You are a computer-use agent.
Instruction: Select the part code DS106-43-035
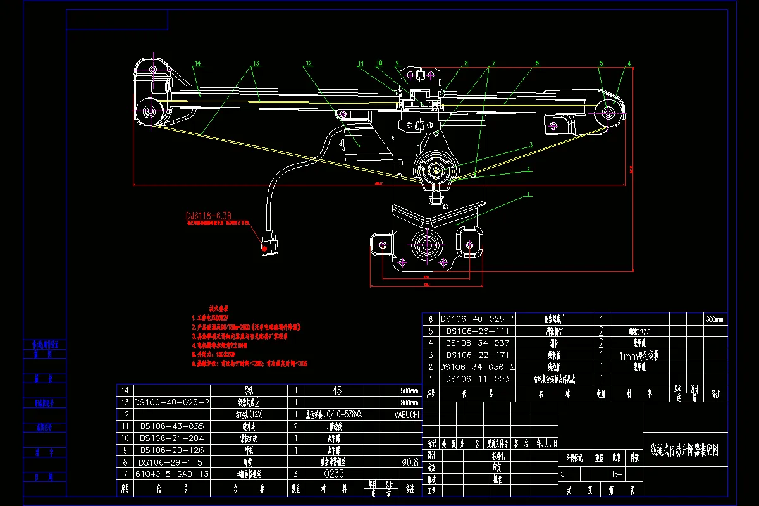tap(171, 426)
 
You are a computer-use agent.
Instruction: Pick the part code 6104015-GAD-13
tap(171, 474)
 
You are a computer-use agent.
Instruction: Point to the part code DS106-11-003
tap(478, 378)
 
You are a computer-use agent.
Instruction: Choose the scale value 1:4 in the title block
tap(616, 473)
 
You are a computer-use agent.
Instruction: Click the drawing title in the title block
tap(685, 451)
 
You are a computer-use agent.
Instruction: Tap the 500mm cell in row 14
tap(409, 390)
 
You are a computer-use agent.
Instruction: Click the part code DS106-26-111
tap(478, 331)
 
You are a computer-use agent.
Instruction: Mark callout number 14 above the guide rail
tap(197, 63)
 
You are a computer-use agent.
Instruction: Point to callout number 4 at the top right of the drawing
tap(629, 63)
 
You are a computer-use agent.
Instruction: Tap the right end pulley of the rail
tap(608, 113)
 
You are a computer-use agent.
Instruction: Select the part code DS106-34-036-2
tap(478, 367)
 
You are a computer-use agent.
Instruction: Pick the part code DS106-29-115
tap(171, 462)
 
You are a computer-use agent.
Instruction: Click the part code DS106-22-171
tap(478, 355)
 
